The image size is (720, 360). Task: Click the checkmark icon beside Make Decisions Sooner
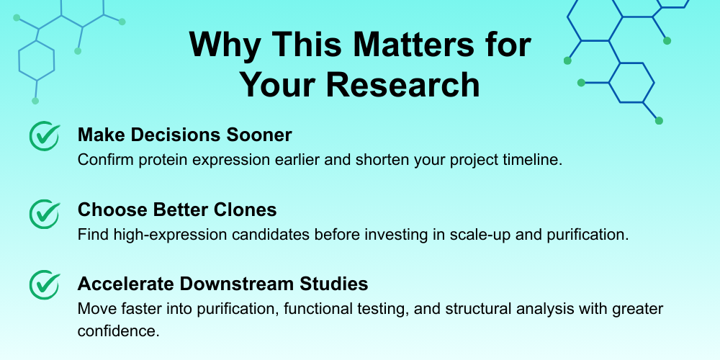click(45, 136)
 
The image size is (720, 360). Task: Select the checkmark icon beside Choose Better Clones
click(45, 214)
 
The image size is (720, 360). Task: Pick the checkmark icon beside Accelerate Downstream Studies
click(45, 285)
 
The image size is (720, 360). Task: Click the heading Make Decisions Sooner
click(184, 135)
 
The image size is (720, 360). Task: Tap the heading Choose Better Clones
click(177, 210)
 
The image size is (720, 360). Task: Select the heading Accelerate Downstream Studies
click(222, 284)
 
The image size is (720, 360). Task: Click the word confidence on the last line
click(118, 331)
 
